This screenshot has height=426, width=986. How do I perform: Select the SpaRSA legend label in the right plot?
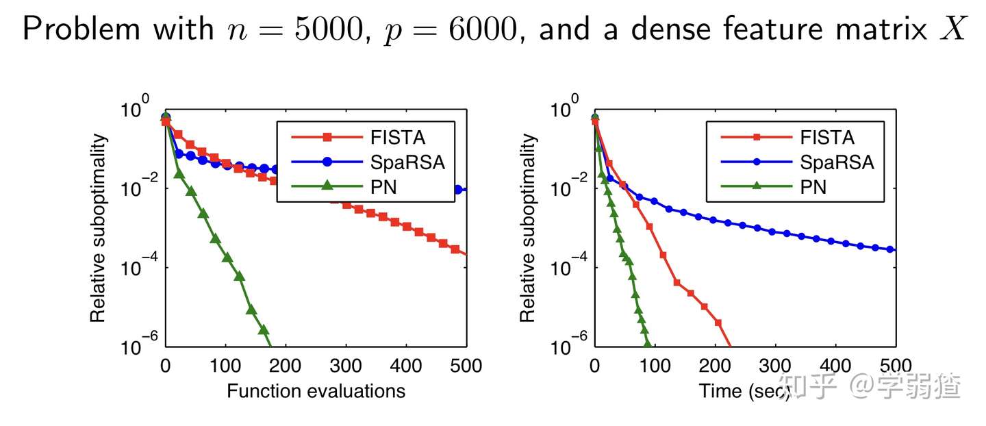837,162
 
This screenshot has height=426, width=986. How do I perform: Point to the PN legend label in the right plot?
813,186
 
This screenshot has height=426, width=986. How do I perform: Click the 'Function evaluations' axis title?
316,391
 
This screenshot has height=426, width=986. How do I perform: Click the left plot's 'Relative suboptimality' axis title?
99,229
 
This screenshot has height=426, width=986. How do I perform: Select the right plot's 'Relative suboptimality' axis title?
528,229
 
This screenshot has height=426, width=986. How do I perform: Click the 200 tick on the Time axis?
716,366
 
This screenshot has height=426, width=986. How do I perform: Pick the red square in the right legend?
756,138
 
